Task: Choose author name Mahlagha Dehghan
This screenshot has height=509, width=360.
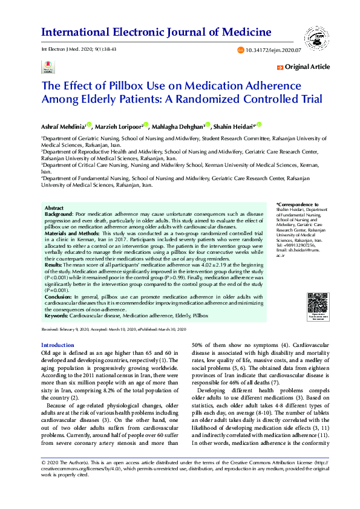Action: (x=177, y=126)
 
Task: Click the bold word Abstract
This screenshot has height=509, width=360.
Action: (x=54, y=208)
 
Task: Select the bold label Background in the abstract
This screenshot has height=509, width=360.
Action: (x=59, y=214)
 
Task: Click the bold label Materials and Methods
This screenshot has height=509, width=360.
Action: (x=72, y=233)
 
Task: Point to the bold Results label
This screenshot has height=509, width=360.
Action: (x=54, y=264)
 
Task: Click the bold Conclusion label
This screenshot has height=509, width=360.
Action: (x=58, y=296)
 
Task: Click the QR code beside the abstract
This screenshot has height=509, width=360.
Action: (x=317, y=302)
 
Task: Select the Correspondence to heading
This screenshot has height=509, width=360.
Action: (x=297, y=206)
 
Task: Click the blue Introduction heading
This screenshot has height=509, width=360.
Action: (x=57, y=345)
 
